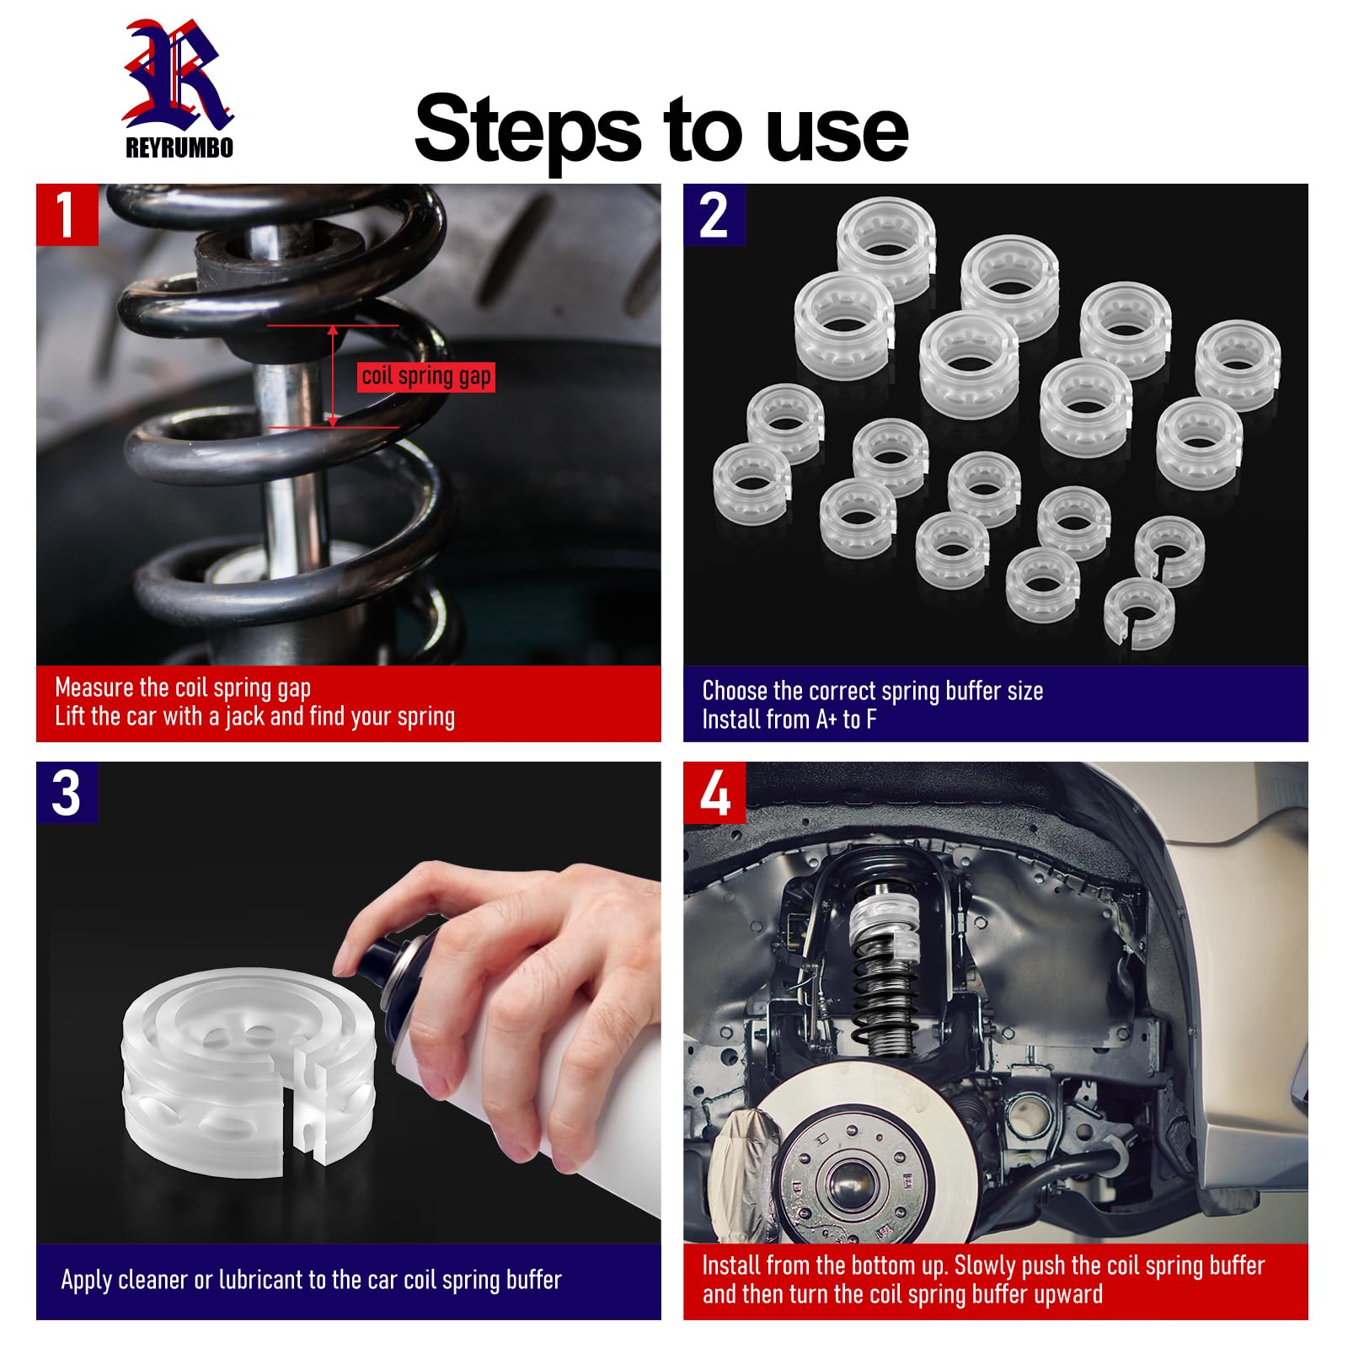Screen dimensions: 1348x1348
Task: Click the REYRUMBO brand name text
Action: [179, 147]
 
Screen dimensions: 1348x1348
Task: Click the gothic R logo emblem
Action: [178, 76]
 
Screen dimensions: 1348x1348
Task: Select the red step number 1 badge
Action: [67, 215]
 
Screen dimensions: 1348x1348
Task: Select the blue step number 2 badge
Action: [714, 215]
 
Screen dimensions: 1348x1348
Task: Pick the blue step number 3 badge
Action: [67, 793]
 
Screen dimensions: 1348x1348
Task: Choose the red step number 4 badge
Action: [714, 793]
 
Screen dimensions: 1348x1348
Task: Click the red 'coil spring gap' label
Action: [426, 377]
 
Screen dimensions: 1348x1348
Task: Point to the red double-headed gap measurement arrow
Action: [333, 376]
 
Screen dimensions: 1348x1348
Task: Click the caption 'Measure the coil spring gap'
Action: [183, 687]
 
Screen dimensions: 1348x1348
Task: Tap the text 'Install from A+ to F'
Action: [789, 719]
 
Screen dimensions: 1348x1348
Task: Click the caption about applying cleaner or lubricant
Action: [311, 1280]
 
